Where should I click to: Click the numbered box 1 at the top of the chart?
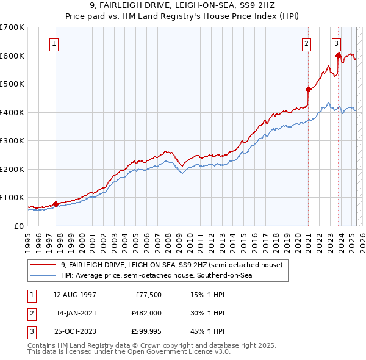coord(55,43)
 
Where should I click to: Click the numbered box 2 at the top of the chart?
coord(306,43)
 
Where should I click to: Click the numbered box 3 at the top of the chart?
coord(336,43)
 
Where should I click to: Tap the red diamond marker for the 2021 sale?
coord(308,89)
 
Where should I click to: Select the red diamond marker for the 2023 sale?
coord(338,56)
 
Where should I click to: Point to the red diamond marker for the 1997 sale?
coord(56,204)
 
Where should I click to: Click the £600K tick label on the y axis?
coord(12,56)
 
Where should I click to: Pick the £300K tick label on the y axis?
coord(12,141)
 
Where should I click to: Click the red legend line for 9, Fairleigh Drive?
coord(43,265)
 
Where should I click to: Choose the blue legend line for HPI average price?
coord(43,276)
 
